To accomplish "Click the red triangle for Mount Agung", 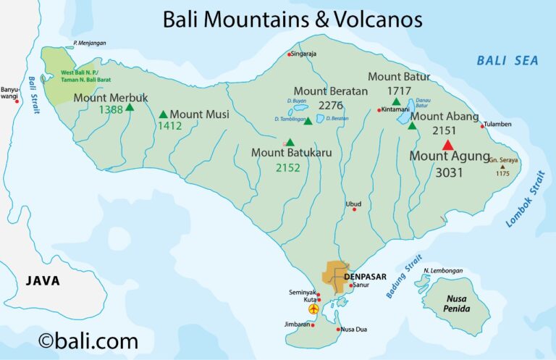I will click(447, 145).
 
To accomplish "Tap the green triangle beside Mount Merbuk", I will click(130, 108).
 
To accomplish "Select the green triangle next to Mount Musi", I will click(163, 114).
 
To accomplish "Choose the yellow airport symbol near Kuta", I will click(313, 309).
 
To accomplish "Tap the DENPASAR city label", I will click(366, 277).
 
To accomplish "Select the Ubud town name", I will click(353, 203).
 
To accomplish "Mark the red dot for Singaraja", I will click(290, 54).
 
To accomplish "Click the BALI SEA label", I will click(507, 61).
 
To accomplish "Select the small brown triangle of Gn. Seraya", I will click(502, 167).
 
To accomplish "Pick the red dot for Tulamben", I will click(483, 127).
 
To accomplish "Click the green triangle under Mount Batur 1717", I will click(396, 102).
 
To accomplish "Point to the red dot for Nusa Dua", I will click(338, 330).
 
